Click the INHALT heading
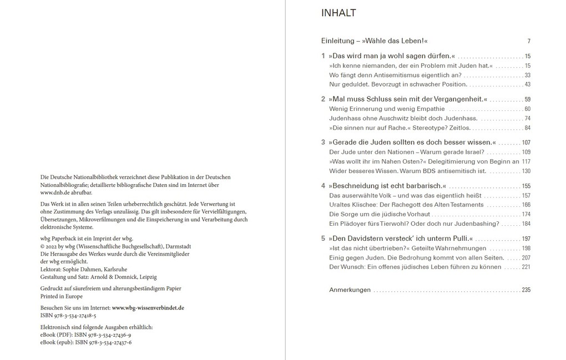click(338, 13)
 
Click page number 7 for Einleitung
click(529, 42)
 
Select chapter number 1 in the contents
click(323, 56)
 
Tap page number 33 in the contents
click(527, 75)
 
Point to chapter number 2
click(323, 99)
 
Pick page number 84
click(527, 128)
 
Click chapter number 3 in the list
click(323, 142)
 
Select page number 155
click(526, 186)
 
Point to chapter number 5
click(323, 239)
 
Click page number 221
click(526, 267)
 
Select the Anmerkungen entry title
click(350, 290)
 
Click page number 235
click(526, 290)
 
